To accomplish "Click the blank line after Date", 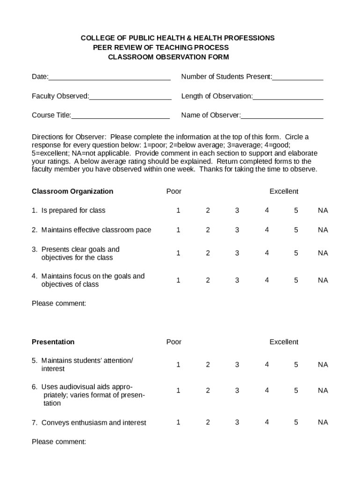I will (x=109, y=78).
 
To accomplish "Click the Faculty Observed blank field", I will (x=130, y=97).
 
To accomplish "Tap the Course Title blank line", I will (x=120, y=116).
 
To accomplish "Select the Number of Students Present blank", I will (x=298, y=78).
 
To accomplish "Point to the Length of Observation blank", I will (x=288, y=97).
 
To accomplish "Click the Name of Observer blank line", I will (x=282, y=116).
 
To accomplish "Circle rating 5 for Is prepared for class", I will (x=296, y=210).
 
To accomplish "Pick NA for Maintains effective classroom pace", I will (x=323, y=230).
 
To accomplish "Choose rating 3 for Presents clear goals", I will (x=237, y=253).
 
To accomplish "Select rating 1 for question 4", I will (x=178, y=280).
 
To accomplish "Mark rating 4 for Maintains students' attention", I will (x=266, y=364).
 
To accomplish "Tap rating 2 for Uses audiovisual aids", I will (x=208, y=390).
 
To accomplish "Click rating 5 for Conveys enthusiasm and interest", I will (x=296, y=422).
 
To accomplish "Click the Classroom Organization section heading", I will (x=72, y=191).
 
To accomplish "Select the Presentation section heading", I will (x=53, y=342).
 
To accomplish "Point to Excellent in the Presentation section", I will (x=284, y=342).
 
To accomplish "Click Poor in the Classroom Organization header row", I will (x=174, y=191).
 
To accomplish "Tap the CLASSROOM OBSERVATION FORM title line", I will (x=168, y=57).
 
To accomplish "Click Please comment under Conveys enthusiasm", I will (x=59, y=441).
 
